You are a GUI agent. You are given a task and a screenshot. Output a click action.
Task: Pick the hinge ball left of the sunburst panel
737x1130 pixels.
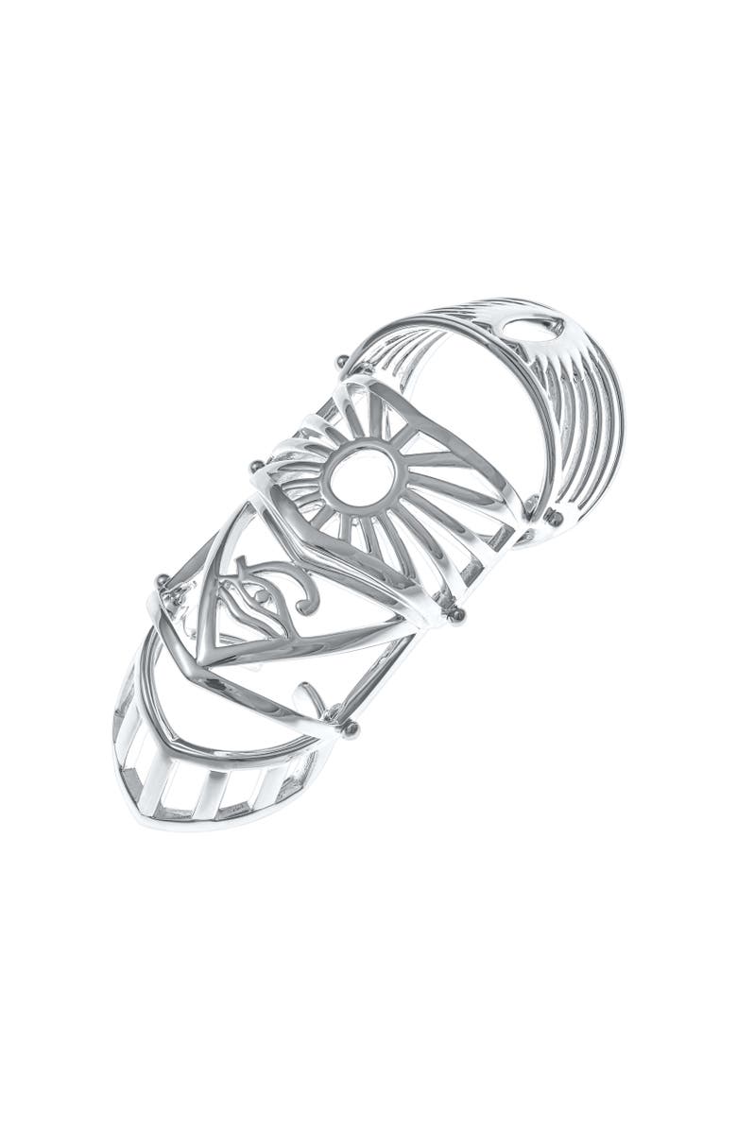255,464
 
